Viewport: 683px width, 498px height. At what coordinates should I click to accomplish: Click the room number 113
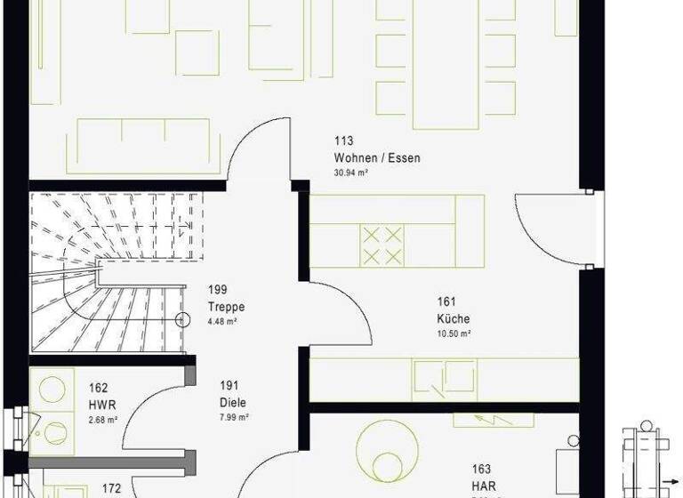coord(343,141)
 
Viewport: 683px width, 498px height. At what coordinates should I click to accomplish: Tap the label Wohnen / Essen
coord(377,158)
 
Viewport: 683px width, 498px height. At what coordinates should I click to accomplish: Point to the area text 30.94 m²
coord(350,173)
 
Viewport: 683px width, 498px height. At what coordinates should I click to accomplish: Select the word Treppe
coord(226,308)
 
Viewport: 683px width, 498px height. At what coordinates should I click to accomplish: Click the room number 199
coord(217,290)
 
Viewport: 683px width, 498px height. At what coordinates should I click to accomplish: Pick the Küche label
coord(453,319)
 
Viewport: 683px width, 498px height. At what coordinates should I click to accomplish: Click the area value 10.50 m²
coord(453,334)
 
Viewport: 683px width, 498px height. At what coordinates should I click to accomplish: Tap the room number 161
coord(446,301)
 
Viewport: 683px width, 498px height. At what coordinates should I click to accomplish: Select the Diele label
coord(234,402)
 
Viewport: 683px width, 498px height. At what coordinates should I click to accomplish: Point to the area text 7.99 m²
coord(234,417)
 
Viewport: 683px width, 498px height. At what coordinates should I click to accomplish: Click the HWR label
coord(101,405)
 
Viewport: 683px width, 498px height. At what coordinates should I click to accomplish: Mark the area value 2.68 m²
coord(102,419)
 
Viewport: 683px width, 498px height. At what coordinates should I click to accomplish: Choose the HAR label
coord(483,485)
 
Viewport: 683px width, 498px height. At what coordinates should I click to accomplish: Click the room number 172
coord(111,487)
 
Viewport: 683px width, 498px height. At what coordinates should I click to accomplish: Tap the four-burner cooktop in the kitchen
coord(382,245)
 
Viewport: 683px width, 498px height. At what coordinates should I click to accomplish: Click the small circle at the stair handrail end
coord(183,319)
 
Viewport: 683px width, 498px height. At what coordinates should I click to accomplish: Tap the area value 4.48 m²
coord(221,322)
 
